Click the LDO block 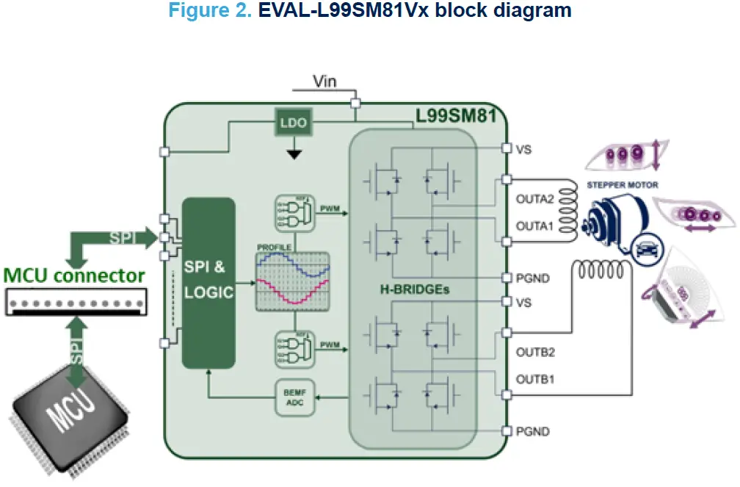click(x=295, y=122)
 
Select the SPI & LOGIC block click(x=208, y=283)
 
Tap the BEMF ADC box click(x=294, y=397)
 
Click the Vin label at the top click(x=324, y=81)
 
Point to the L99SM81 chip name click(x=457, y=116)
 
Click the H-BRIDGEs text click(x=413, y=289)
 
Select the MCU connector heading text click(x=74, y=276)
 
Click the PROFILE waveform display click(x=293, y=280)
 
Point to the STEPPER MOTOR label click(x=623, y=184)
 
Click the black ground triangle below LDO click(x=295, y=154)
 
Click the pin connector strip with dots click(x=73, y=302)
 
